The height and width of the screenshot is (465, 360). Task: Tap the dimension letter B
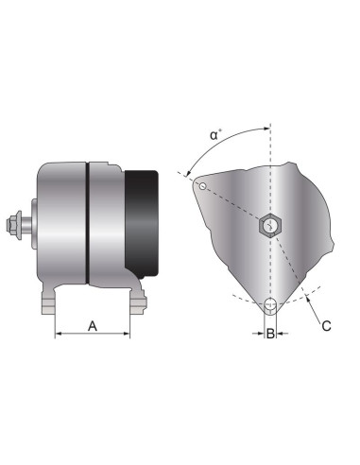pos(271,334)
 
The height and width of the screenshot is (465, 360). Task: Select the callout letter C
pos(326,327)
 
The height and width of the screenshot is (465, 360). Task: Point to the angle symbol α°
pos(215,135)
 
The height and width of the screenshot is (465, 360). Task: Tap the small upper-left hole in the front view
pos(201,186)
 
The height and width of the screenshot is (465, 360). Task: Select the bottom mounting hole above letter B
pos(271,304)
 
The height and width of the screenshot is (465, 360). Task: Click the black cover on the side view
pos(142,219)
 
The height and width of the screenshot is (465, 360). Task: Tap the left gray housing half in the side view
pos(61,223)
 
